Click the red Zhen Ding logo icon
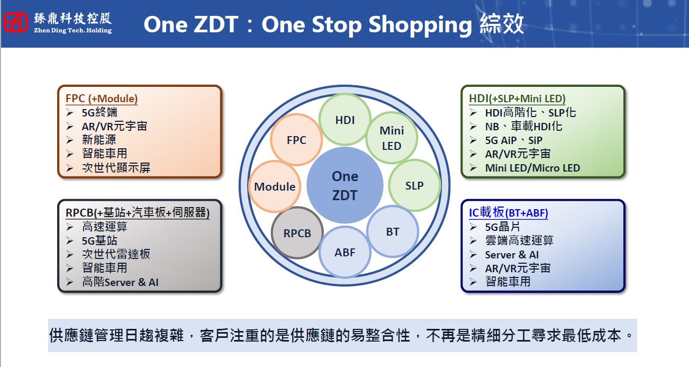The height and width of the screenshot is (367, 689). click(x=16, y=22)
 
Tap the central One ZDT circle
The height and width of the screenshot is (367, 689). click(x=345, y=185)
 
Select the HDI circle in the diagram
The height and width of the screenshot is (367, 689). click(x=345, y=120)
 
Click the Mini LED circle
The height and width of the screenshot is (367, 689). click(x=392, y=138)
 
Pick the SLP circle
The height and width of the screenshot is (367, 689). click(x=414, y=185)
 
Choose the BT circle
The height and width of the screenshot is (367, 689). click(x=393, y=231)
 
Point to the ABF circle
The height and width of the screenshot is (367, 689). click(x=345, y=252)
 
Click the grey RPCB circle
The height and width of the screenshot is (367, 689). click(x=297, y=233)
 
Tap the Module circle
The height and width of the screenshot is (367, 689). click(x=275, y=186)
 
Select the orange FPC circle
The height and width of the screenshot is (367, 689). click(x=296, y=140)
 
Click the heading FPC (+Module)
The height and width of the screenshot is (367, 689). click(x=102, y=99)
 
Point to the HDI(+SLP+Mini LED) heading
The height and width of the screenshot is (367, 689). click(x=518, y=99)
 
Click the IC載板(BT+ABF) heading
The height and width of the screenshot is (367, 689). click(x=509, y=212)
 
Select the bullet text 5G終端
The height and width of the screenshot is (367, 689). click(x=99, y=112)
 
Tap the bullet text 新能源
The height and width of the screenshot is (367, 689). click(x=99, y=140)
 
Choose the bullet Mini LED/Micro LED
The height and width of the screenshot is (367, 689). click(x=532, y=168)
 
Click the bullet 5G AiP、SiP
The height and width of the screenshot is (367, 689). click(x=513, y=140)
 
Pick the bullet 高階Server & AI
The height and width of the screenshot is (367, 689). click(x=120, y=282)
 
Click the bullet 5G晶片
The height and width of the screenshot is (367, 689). click(x=503, y=227)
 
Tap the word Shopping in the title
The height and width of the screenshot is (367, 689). click(x=420, y=25)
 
